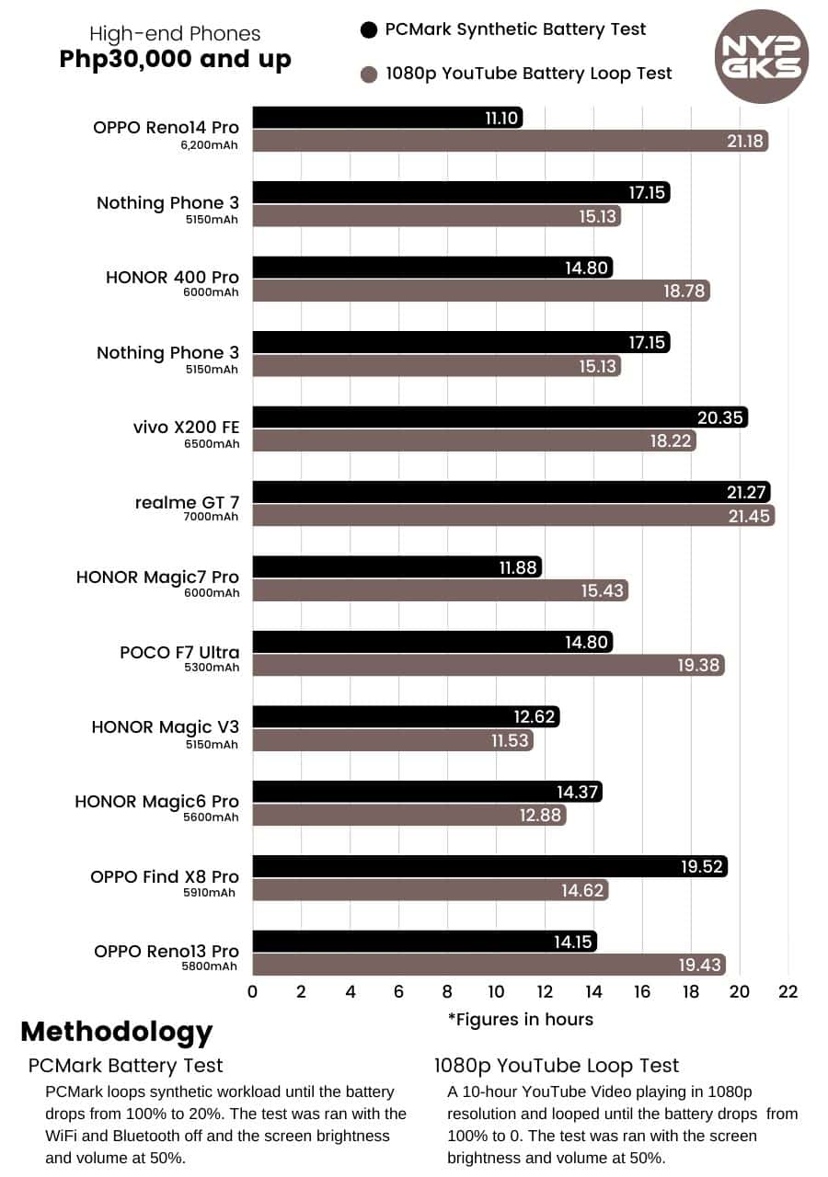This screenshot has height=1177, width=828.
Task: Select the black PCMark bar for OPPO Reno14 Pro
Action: [x=386, y=118]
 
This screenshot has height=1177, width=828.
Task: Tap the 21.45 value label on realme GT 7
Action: [x=748, y=516]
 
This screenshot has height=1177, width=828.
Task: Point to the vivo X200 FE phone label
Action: [x=186, y=428]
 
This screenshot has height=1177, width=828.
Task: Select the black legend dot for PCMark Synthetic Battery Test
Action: [x=369, y=30]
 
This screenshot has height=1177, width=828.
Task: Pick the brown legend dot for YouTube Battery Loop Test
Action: [x=369, y=74]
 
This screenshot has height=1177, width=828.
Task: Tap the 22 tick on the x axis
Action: [x=788, y=991]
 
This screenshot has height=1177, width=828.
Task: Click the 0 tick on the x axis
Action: [x=253, y=991]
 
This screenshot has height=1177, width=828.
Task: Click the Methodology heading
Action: [x=117, y=1031]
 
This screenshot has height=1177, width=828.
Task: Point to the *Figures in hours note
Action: [x=520, y=1019]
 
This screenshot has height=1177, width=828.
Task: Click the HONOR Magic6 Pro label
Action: [x=156, y=802]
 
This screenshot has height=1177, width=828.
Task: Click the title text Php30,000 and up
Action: [x=175, y=60]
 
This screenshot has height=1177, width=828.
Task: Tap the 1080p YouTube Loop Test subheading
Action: [x=557, y=1066]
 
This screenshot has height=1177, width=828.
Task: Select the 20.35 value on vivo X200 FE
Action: [x=720, y=417]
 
